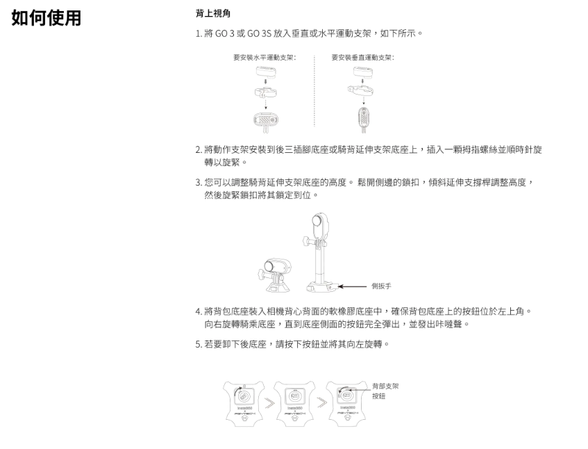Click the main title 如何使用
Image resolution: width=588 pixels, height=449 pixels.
tap(46, 18)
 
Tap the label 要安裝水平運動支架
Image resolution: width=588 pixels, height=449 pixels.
tap(264, 57)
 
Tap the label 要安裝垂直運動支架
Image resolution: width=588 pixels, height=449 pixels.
tap(362, 57)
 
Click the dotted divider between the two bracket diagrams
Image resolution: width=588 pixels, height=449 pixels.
tap(314, 90)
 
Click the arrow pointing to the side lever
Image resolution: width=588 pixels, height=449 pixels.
tap(353, 286)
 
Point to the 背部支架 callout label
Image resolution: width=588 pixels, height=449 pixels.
tap(385, 386)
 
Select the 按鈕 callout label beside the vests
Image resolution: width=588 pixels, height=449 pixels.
tap(379, 396)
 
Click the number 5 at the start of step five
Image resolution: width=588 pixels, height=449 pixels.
tap(198, 345)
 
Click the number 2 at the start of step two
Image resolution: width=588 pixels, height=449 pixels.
tap(198, 149)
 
